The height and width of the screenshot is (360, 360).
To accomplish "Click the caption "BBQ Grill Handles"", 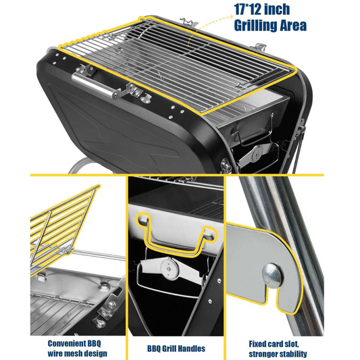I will [x=176, y=349].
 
